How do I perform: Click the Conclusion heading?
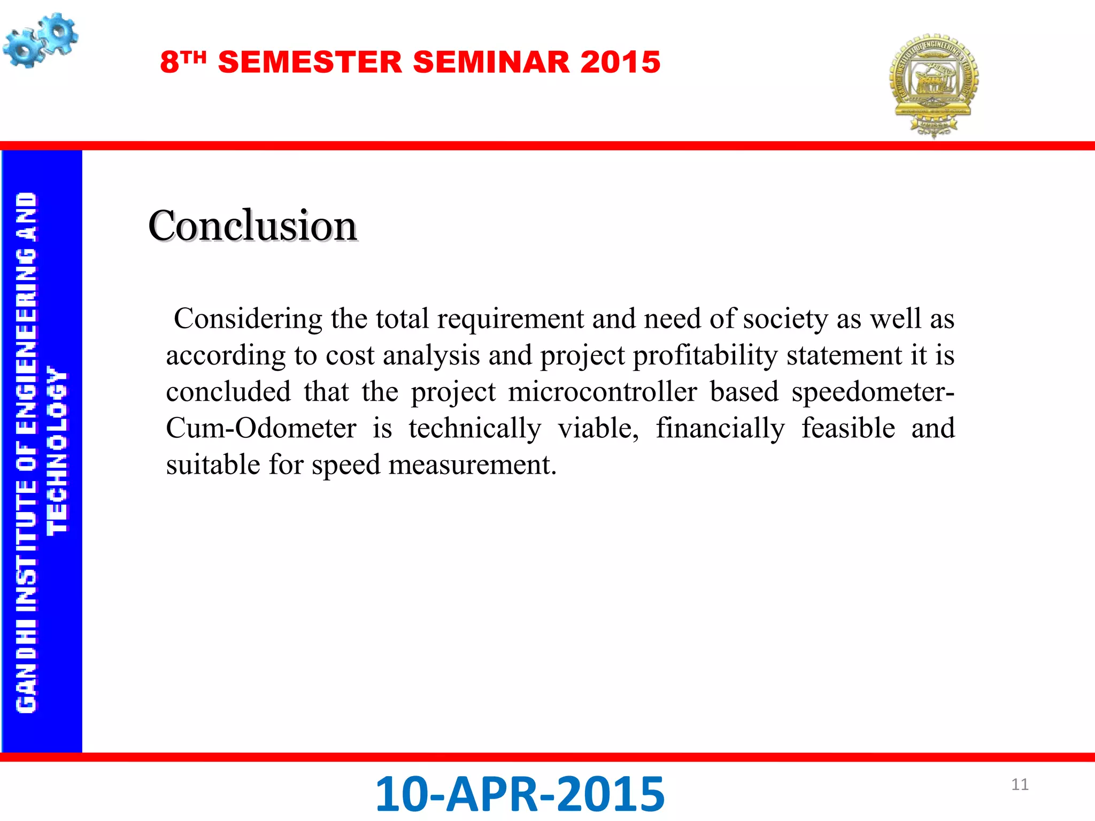pos(252,226)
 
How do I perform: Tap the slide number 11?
pos(1020,784)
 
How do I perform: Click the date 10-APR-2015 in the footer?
pos(520,794)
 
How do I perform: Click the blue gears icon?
pos(40,41)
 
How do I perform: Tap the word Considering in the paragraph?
pos(248,319)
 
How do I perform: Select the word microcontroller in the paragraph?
pos(603,392)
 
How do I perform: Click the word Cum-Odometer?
pos(261,428)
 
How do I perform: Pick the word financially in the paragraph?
pos(720,428)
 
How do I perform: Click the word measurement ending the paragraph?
pos(472,464)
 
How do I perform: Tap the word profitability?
pos(705,355)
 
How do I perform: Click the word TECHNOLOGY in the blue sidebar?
pos(58,450)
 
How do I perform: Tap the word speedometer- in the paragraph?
pos(873,392)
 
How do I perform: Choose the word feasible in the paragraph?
pos(848,428)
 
